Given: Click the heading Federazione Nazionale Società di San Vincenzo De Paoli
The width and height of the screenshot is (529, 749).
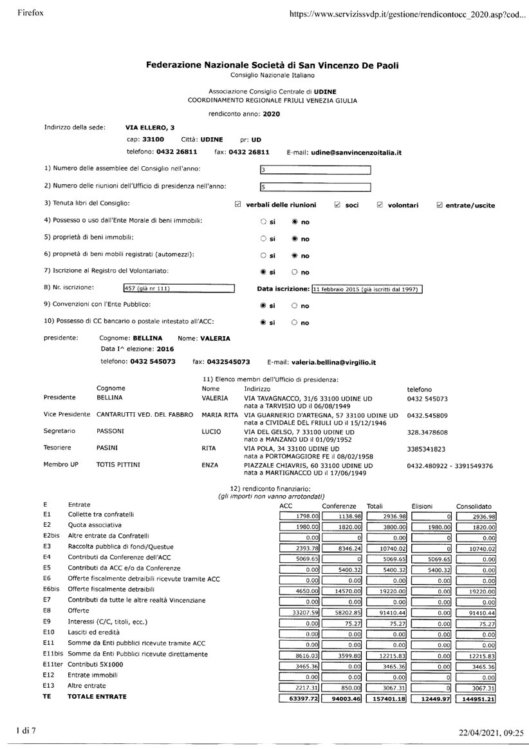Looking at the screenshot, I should pyautogui.click(x=272, y=64).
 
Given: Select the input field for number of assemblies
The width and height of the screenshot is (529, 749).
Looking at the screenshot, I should pyautogui.click(x=315, y=170).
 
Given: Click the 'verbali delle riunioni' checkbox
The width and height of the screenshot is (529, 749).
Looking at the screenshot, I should pyautogui.click(x=238, y=205).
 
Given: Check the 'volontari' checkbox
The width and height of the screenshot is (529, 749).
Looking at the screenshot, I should pyautogui.click(x=380, y=205).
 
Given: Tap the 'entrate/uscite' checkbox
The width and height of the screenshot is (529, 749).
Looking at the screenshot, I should pyautogui.click(x=440, y=205).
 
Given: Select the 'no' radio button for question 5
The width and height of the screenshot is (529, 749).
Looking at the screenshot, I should pyautogui.click(x=295, y=238).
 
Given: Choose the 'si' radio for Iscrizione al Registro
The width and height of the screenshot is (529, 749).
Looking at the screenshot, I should pyautogui.click(x=263, y=272).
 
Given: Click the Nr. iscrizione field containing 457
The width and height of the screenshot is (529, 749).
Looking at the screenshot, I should pyautogui.click(x=178, y=289).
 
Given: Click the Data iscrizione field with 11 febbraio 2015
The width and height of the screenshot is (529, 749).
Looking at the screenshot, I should pyautogui.click(x=366, y=289).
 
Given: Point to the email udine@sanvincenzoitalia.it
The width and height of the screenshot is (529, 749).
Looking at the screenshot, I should pyautogui.click(x=357, y=153).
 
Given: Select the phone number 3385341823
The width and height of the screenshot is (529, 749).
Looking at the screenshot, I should pyautogui.click(x=427, y=448).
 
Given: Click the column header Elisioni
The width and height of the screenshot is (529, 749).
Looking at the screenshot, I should pyautogui.click(x=424, y=506).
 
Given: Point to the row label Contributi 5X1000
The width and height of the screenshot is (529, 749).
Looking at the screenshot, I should pyautogui.click(x=95, y=664).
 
